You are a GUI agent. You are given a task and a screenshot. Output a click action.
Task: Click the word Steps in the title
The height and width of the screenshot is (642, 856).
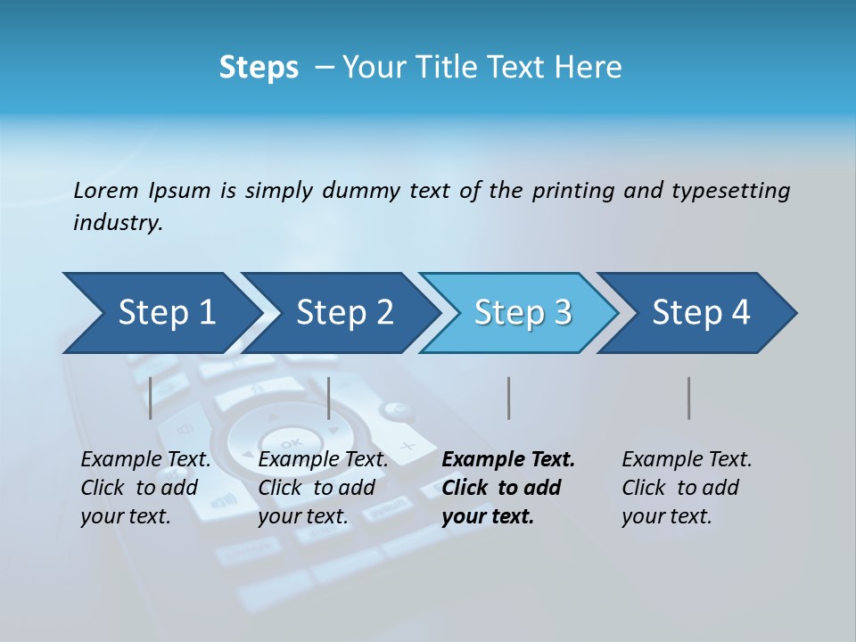(x=259, y=68)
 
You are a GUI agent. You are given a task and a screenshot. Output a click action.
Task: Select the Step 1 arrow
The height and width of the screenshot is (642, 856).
(x=160, y=313)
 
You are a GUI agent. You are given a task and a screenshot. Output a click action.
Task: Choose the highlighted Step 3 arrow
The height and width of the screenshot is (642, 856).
(x=520, y=313)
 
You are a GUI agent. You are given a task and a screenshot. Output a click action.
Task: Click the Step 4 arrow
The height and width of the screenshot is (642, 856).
(x=698, y=313)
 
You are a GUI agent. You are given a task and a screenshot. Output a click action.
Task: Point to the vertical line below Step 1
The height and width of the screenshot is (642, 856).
(x=151, y=398)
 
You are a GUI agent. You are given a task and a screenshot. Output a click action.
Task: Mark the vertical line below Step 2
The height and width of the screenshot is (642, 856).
(x=329, y=398)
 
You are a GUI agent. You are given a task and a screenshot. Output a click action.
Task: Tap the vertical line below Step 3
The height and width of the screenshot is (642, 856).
(x=508, y=398)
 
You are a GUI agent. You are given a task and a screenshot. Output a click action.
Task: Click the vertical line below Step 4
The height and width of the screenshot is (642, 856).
(x=688, y=398)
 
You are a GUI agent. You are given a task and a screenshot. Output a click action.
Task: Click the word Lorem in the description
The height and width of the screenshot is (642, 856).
(x=105, y=191)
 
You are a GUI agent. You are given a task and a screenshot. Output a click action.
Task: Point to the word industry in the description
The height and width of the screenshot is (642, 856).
(x=117, y=223)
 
